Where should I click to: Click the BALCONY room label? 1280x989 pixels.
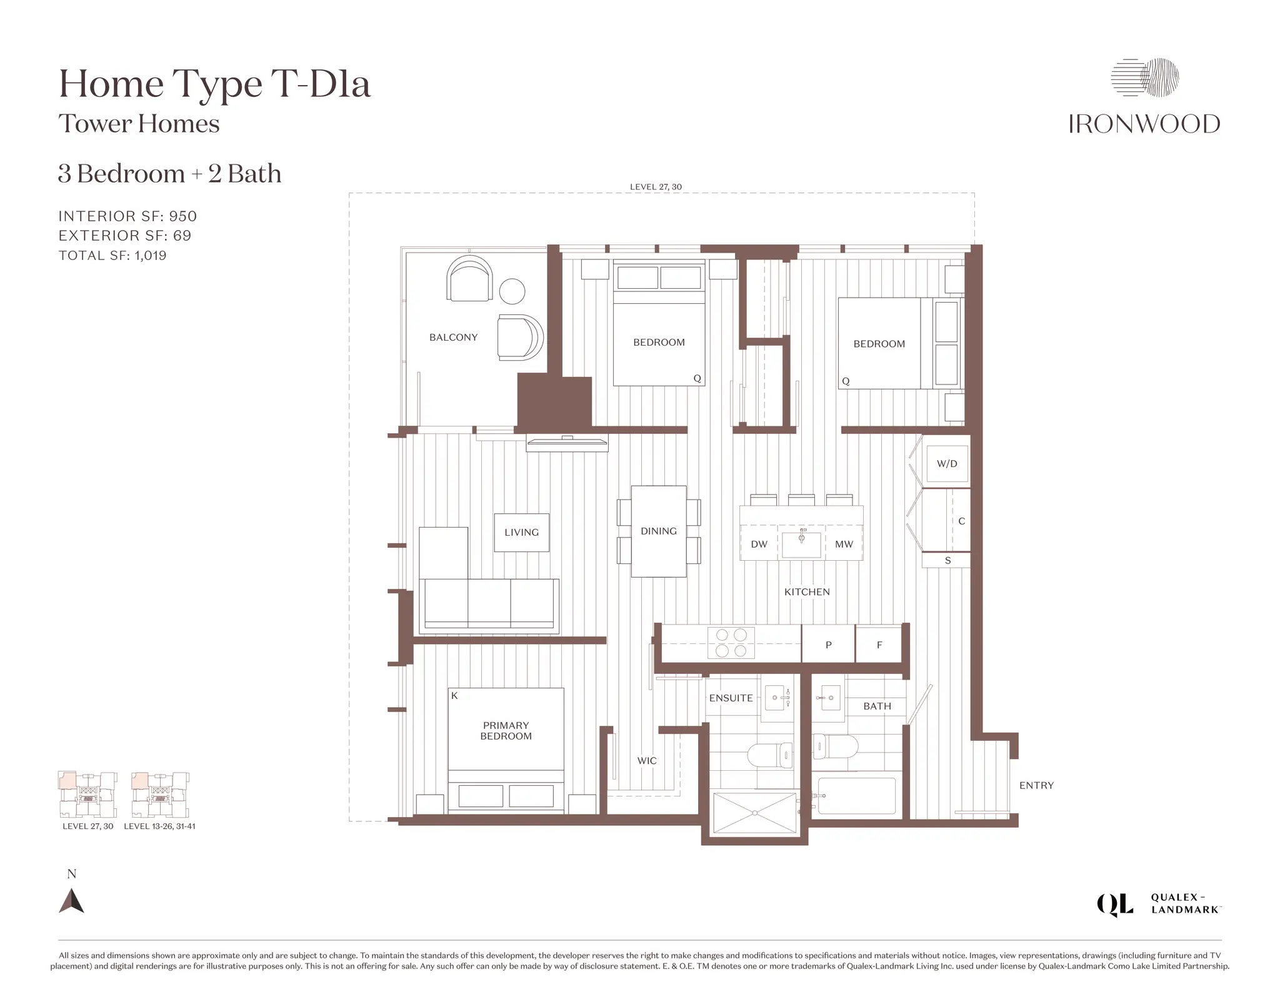coord(453,338)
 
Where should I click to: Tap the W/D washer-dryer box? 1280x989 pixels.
coord(947,464)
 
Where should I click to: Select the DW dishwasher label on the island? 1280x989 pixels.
coord(759,545)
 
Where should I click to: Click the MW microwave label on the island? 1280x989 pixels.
coord(844,545)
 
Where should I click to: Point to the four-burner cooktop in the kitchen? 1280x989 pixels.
coord(731,643)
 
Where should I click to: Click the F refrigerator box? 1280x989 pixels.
coord(879,645)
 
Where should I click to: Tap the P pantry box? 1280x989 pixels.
coord(828,645)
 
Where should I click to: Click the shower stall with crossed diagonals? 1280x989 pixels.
coord(755,813)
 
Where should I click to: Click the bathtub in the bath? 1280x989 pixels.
coord(856,795)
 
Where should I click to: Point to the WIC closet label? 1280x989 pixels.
coord(647,761)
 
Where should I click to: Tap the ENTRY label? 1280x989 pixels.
coord(1036,786)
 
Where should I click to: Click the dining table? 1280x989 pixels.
coord(659,531)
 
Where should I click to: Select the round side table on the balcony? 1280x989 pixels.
coord(512,291)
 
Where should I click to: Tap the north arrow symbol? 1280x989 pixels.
coord(71,901)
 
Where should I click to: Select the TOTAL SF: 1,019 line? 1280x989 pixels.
coord(112,256)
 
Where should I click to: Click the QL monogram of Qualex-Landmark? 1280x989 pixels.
coord(1115,905)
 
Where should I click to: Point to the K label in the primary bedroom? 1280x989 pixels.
coord(454,696)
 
